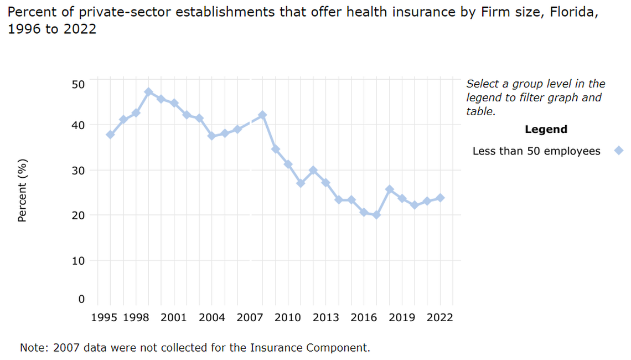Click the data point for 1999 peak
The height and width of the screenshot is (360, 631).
click(x=148, y=92)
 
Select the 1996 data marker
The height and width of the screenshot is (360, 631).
click(x=110, y=135)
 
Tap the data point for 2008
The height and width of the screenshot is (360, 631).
click(x=262, y=115)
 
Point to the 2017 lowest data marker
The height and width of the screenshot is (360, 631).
click(x=376, y=215)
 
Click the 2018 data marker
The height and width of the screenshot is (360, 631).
click(x=389, y=189)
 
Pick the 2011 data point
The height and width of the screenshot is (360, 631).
click(x=301, y=183)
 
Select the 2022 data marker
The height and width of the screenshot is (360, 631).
click(x=440, y=198)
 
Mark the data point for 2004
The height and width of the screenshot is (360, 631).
click(x=211, y=136)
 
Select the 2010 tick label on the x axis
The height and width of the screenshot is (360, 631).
click(x=288, y=318)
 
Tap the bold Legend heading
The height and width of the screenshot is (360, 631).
click(x=545, y=130)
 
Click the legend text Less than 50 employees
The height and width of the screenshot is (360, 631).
click(x=536, y=151)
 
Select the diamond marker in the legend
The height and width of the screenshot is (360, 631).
click(x=619, y=151)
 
